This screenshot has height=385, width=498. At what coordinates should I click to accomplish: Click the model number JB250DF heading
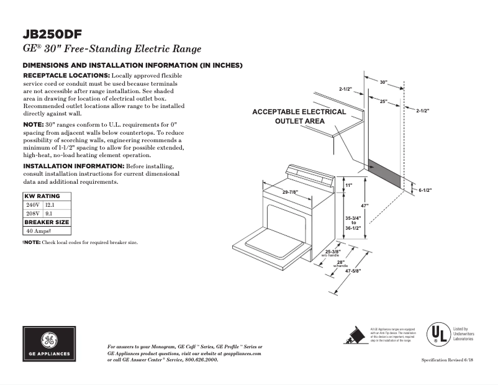click(53, 34)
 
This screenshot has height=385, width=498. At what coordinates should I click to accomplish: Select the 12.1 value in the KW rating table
click(50, 204)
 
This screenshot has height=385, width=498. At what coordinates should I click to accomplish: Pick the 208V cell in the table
click(32, 213)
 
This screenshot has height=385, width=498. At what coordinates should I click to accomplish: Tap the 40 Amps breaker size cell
click(38, 230)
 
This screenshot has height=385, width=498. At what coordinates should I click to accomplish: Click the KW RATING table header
click(42, 196)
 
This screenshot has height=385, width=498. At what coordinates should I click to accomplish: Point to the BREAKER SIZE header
click(47, 222)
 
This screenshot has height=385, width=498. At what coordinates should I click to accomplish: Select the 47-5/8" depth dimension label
click(353, 271)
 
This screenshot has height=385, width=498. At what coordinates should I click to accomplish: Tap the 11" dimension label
click(349, 186)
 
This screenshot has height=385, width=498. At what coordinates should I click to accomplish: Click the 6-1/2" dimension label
click(425, 190)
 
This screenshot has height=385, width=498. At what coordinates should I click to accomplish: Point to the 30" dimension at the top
click(383, 82)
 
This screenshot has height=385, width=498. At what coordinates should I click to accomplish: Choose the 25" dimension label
click(384, 101)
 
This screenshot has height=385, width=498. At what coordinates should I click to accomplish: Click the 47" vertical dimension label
click(366, 206)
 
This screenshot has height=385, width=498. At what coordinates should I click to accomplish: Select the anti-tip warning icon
click(354, 335)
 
